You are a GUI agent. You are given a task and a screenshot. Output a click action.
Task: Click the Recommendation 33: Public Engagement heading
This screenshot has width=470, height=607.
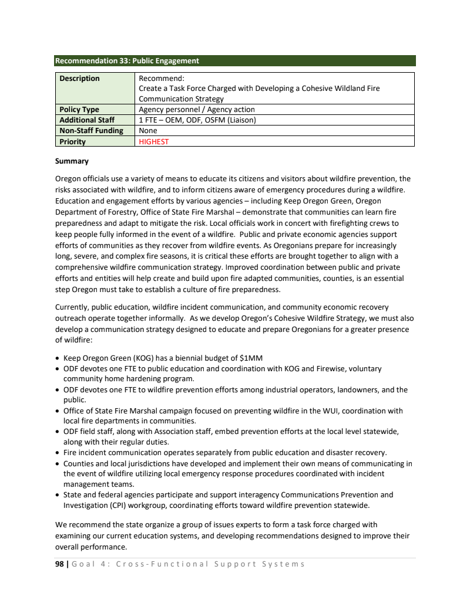point(127,60)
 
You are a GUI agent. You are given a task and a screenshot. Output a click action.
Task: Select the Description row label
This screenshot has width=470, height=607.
point(79,78)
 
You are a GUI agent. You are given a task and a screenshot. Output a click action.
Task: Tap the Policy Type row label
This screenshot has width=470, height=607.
point(79,110)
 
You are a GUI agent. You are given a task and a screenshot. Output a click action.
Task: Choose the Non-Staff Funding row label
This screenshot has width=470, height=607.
point(90,131)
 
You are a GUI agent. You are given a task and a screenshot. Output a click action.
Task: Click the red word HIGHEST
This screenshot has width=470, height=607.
point(153,141)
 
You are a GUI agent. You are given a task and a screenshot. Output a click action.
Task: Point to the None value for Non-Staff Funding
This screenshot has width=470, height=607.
point(147,131)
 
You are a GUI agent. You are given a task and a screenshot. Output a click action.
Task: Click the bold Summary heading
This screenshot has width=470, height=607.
point(72,161)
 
